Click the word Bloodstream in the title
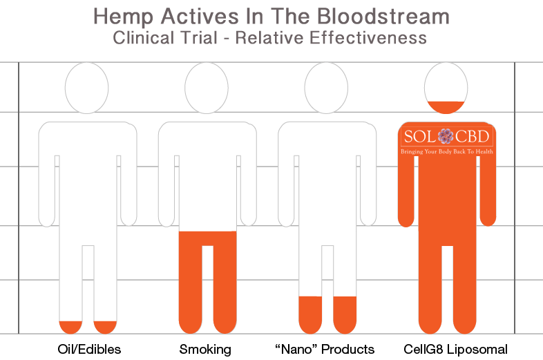coord(383,17)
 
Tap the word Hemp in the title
coord(123,17)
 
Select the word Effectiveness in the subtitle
coord(368,38)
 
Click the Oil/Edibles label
coord(89,349)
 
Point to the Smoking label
coord(205,349)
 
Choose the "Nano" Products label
coord(325,349)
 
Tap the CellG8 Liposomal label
coord(455,349)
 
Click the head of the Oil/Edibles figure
coord(86,88)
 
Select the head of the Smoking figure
coord(207,88)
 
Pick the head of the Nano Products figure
coord(326,88)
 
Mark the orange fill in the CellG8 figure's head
coord(446,106)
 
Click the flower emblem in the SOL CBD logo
coord(446,136)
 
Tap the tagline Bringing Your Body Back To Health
coord(447,151)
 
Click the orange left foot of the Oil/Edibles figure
coord(70,327)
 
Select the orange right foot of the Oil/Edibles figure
coord(105,327)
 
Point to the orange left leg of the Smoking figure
coord(190,283)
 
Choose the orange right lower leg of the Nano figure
coord(345,314)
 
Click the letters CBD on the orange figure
coord(473,137)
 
